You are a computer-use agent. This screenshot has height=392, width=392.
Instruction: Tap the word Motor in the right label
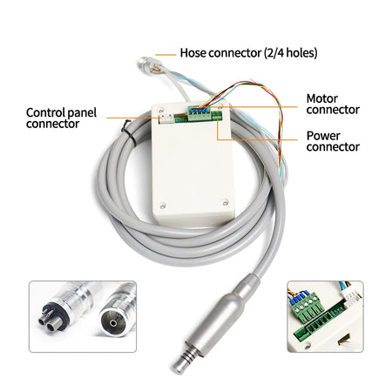[x=323, y=98]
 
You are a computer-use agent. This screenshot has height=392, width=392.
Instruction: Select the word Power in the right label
[x=323, y=137]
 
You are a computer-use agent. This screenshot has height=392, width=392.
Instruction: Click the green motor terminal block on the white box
[x=199, y=112]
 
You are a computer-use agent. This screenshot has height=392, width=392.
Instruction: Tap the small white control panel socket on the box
[x=164, y=115]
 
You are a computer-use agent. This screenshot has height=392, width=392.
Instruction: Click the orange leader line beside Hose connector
[x=165, y=53]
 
